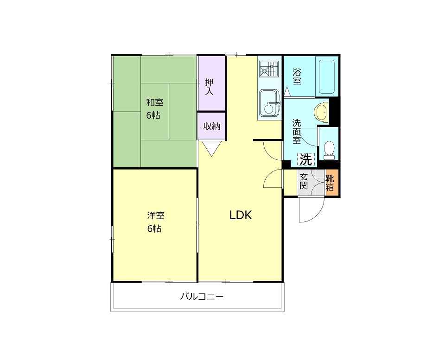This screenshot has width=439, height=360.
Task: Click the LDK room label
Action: click(241, 215)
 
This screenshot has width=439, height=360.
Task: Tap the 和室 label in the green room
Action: click(155, 102)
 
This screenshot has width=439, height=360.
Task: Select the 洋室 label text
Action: click(156, 215)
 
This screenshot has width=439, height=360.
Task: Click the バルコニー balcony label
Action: click(202, 296)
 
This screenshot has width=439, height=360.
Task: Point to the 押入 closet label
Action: click(209, 87)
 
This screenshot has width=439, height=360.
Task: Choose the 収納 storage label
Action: click(212, 126)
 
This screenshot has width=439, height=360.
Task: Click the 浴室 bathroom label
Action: click(297, 76)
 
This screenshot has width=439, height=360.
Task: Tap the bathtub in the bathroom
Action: click(327, 76)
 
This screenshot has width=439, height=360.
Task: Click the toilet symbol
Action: click(329, 150)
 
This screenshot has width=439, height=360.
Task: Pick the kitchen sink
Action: click(270, 103)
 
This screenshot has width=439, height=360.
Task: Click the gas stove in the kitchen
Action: click(269, 69)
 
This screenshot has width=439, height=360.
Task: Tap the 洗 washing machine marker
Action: click(306, 160)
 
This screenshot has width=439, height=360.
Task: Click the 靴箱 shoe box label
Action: click(330, 183)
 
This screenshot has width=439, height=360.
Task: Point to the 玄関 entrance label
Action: click(304, 181)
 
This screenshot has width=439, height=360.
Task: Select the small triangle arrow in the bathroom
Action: click(287, 91)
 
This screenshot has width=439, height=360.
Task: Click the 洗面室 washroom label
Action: click(297, 132)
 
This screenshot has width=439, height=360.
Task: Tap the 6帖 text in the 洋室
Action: click(154, 229)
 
